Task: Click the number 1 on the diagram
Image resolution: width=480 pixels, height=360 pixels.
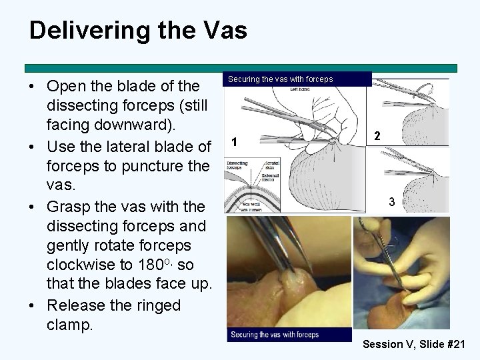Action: point(233,141)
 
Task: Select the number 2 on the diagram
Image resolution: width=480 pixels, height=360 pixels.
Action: point(377,136)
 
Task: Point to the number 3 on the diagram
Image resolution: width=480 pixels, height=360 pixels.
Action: point(392,201)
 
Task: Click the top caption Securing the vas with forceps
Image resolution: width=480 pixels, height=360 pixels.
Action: point(280,79)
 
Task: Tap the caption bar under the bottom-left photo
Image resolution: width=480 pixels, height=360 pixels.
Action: point(289,335)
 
